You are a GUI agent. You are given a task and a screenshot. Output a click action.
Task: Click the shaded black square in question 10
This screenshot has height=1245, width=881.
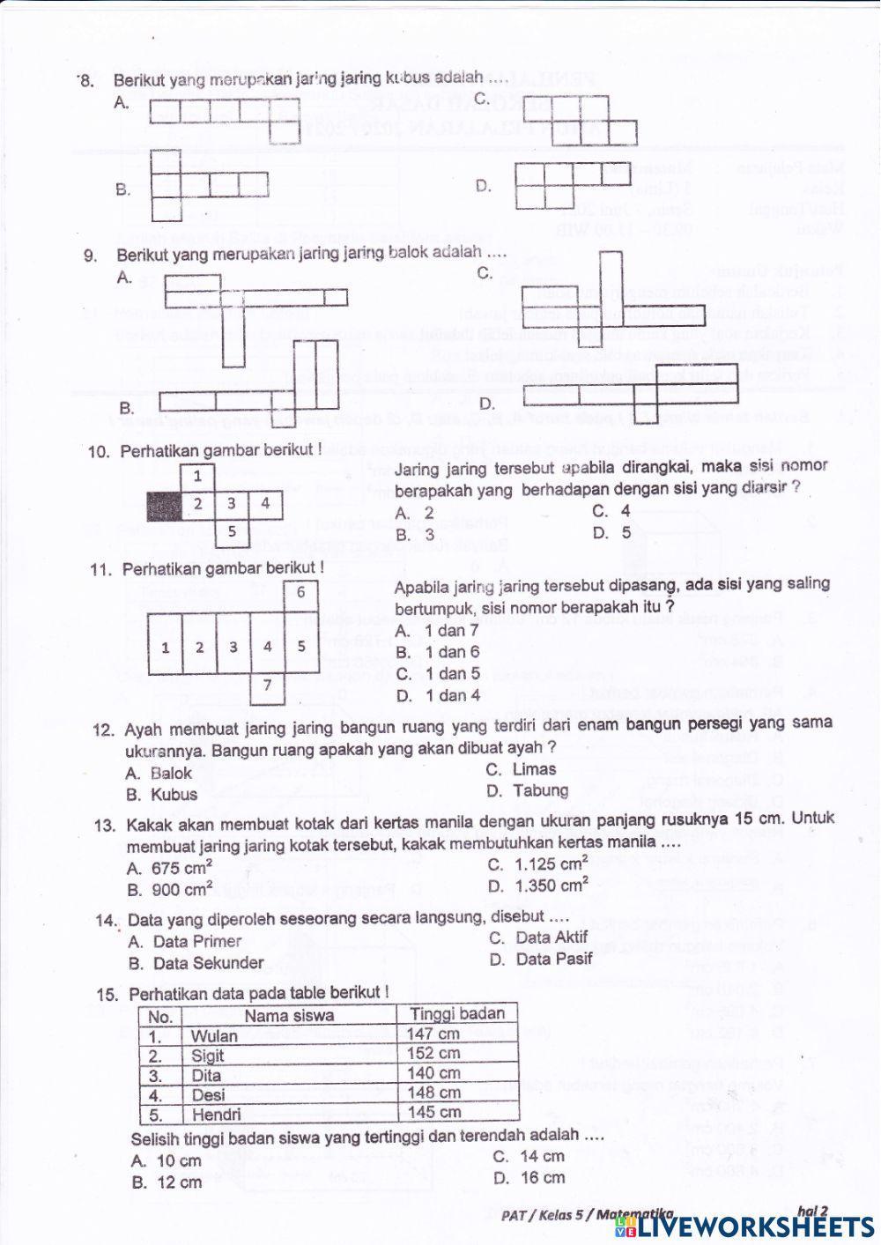(x=164, y=506)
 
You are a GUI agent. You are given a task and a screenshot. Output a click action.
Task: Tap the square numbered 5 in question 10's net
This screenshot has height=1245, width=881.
(x=232, y=532)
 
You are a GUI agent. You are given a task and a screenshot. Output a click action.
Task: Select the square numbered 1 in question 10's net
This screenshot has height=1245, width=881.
(x=198, y=476)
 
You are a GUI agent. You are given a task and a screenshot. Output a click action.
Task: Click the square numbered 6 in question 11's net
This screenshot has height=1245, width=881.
(x=300, y=592)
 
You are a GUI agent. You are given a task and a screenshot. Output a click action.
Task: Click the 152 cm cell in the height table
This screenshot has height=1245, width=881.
(x=433, y=1053)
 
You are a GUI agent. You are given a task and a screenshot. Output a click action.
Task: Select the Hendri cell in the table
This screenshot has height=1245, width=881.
(x=217, y=1114)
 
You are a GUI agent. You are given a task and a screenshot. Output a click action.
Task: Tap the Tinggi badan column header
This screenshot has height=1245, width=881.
(x=456, y=1013)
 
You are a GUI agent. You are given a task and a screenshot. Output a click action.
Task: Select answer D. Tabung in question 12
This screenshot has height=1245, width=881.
(x=529, y=790)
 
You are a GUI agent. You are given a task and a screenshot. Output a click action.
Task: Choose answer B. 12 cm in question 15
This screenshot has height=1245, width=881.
(x=167, y=1182)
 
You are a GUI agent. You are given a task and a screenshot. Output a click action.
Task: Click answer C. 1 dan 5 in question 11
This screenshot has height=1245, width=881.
(x=438, y=674)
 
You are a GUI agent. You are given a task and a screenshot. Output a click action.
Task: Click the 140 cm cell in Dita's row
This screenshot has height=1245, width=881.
(x=433, y=1073)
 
